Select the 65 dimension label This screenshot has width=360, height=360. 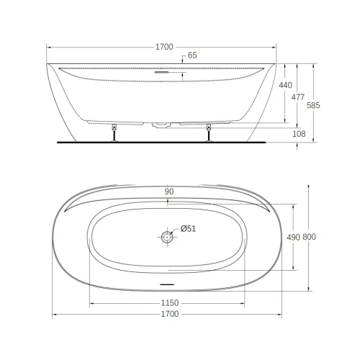[192, 55]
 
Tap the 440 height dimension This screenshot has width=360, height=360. [285, 86]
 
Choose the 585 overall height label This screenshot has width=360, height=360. [313, 105]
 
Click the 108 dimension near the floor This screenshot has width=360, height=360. [300, 134]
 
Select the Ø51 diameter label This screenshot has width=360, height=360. [188, 230]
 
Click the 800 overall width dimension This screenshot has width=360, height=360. [310, 236]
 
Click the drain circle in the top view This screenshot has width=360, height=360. [168, 236]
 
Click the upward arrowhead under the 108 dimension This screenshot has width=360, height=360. [300, 145]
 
